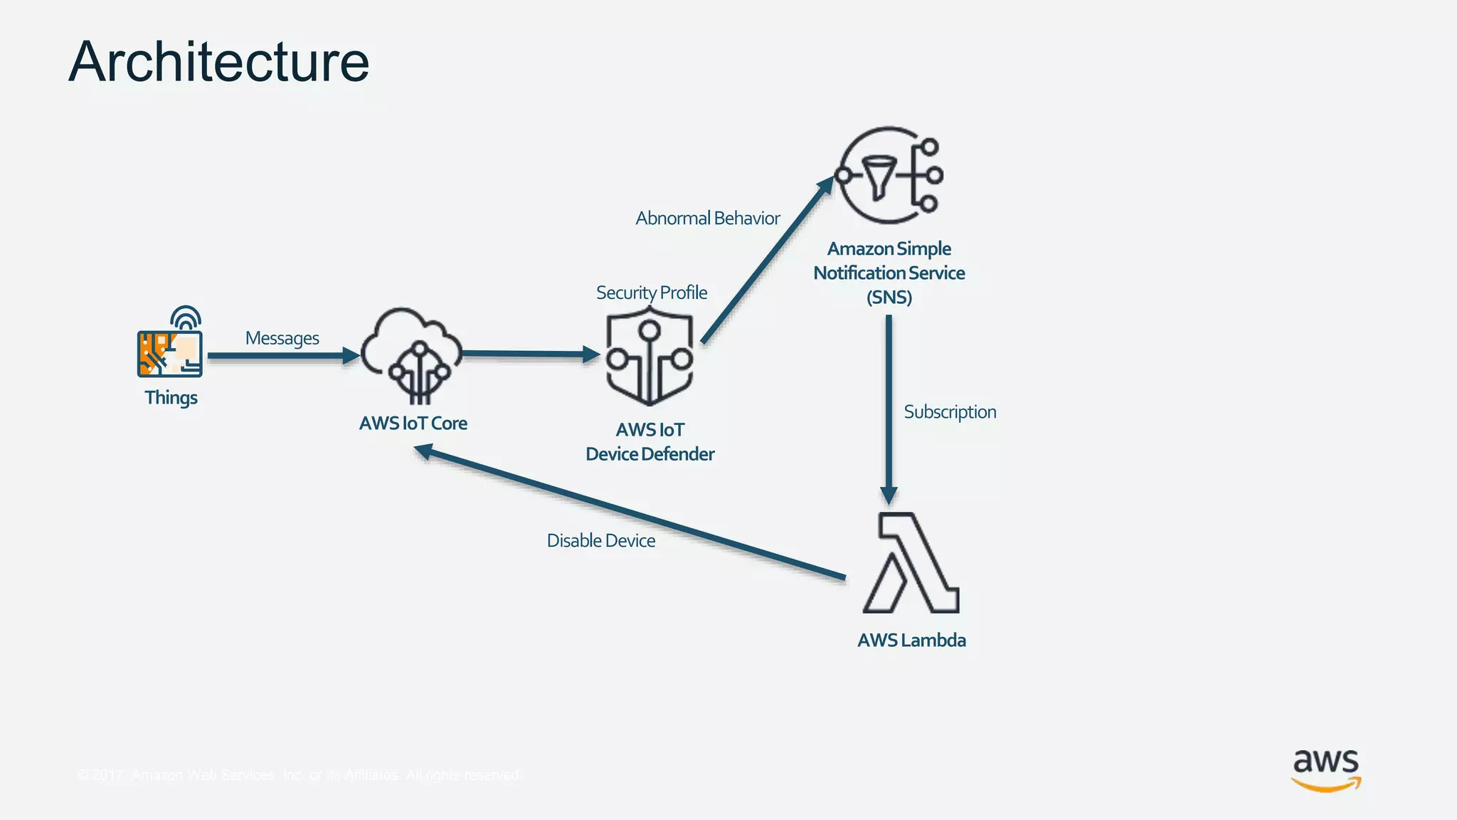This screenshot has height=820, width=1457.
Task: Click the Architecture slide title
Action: click(x=219, y=62)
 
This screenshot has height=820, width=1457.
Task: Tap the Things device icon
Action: click(x=171, y=345)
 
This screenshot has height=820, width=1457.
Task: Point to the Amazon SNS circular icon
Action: click(x=889, y=175)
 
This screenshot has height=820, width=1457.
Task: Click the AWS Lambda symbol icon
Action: click(x=911, y=562)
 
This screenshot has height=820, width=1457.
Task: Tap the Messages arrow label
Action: click(x=282, y=338)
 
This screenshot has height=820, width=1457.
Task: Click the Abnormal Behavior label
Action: click(x=707, y=218)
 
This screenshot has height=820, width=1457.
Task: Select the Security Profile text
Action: click(x=651, y=293)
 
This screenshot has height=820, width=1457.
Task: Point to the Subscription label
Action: click(x=950, y=411)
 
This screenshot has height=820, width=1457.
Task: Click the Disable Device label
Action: click(x=600, y=540)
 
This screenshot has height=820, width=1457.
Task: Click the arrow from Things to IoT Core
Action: click(x=281, y=355)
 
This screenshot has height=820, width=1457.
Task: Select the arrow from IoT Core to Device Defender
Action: click(x=530, y=353)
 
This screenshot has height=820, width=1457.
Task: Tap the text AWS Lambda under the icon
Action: click(x=911, y=640)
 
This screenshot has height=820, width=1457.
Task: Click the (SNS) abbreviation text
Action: click(x=889, y=297)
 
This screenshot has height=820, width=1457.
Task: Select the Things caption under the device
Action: click(x=171, y=397)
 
